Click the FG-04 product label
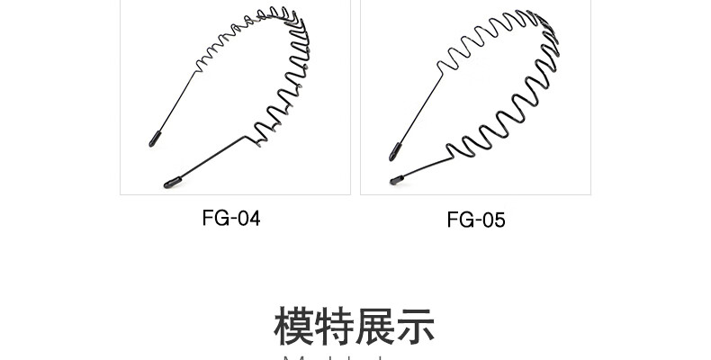[231, 218]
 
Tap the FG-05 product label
[475, 220]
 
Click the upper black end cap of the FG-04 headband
[155, 139]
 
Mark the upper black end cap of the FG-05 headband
[395, 152]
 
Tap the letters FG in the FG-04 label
[213, 218]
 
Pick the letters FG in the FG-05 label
[458, 220]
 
